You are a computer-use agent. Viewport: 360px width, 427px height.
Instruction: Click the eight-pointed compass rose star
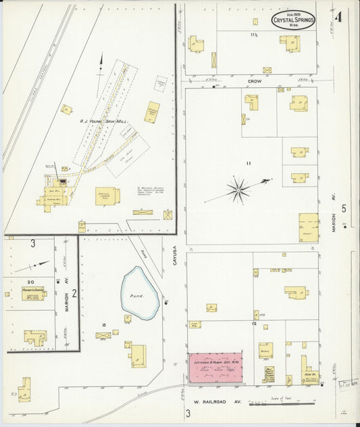pos(238,190)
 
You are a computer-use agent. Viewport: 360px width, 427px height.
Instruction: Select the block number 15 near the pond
pos(104,327)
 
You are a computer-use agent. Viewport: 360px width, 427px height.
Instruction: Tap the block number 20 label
pos(31,281)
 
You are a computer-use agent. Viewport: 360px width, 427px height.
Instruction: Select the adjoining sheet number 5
pos(344,209)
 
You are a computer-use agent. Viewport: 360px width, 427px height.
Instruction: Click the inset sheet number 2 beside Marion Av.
pos(74,293)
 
